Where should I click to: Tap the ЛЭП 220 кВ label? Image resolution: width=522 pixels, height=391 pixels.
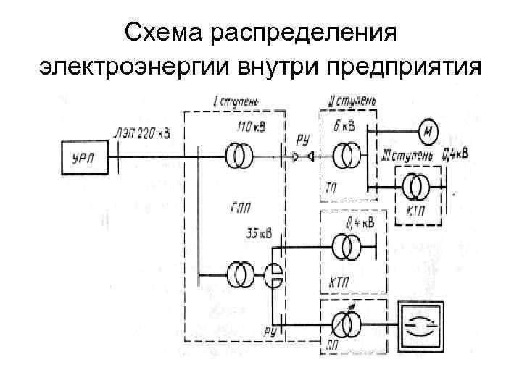coord(143,132)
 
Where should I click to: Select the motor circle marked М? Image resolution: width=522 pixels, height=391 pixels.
coord(428,131)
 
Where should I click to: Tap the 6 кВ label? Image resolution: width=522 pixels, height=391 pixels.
coord(345,126)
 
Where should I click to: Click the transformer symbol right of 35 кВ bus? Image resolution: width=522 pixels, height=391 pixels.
coord(346,247)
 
